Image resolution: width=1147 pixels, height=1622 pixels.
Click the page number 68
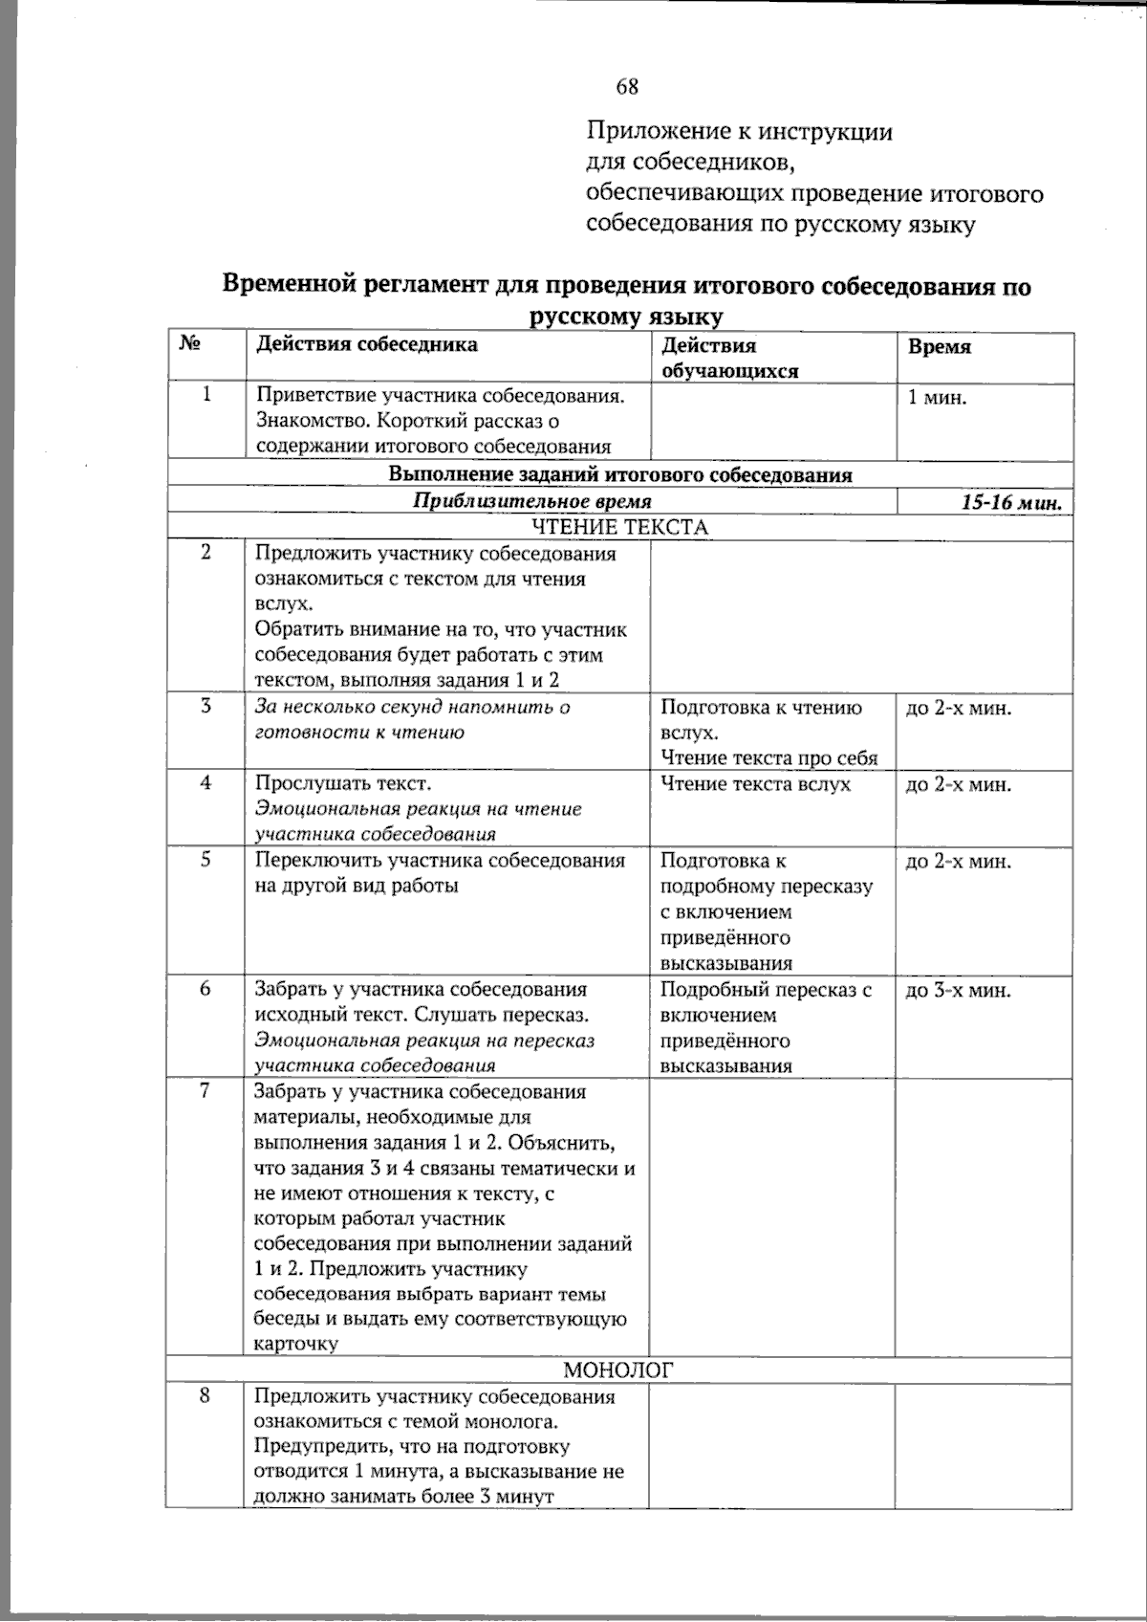(627, 87)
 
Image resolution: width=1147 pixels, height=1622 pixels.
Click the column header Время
(939, 346)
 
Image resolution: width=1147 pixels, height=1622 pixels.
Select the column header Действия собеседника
(366, 344)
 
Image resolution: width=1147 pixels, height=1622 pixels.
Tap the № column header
(189, 344)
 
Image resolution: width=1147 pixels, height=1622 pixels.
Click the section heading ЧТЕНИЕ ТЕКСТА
(619, 527)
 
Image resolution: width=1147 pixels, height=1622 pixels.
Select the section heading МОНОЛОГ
(618, 1370)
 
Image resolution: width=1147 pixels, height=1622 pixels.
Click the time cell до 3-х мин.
(958, 991)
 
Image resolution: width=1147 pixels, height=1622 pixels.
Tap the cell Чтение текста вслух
(755, 784)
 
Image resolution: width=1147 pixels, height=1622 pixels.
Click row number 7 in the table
(205, 1091)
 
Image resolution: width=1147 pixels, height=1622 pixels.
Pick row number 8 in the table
(205, 1396)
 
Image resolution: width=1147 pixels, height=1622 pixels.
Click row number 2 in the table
(205, 554)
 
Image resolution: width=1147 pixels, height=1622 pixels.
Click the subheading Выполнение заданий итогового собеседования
(620, 475)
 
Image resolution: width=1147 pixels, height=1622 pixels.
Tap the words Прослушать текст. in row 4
(343, 784)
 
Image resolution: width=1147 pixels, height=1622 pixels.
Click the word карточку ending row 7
(296, 1344)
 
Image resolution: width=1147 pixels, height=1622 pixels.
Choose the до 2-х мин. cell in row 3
(958, 709)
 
